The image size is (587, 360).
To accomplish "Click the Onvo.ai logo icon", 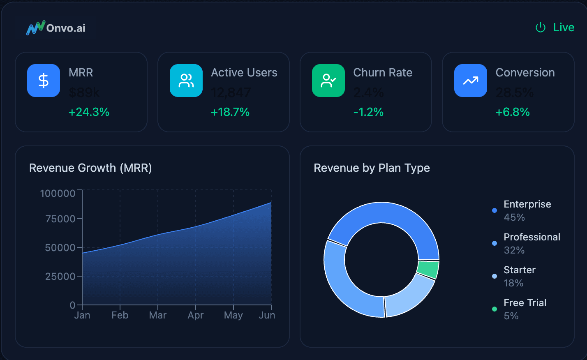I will pos(35,28).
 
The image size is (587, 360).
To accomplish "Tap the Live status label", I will pos(563,28).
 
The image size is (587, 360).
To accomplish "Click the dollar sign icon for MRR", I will pos(44,81).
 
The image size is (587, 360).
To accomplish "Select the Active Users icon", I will pos(186,81).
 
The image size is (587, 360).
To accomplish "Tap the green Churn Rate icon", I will pos(328,81).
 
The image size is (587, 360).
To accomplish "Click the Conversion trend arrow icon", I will pos(471,81).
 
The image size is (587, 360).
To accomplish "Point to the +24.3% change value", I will pos(89,112).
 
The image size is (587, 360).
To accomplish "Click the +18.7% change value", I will pos(230,112).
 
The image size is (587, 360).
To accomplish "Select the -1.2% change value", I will pos(368,112).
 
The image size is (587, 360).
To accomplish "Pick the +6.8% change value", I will pos(513,112).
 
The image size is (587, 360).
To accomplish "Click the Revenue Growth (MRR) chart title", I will pos(90,168).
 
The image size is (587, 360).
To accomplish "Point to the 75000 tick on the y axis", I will pos(60,219).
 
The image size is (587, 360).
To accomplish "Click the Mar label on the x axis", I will pos(158,315).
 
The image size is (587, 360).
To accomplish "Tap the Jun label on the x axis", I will pos(267,315).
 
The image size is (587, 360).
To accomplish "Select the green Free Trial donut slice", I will pos(428,269).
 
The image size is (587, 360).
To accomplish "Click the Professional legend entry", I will pos(532,237).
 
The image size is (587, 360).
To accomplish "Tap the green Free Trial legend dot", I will pos(495,309).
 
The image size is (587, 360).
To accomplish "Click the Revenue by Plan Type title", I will pos(372,168).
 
